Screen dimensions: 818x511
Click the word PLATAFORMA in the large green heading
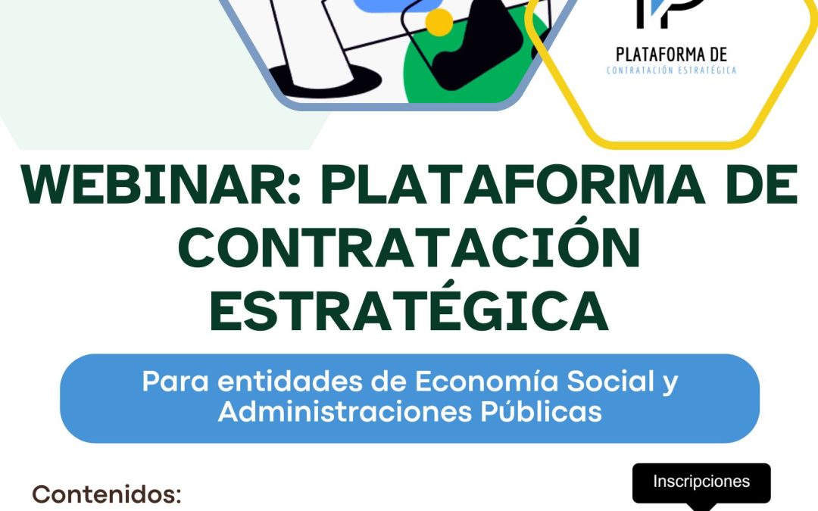tap(513, 185)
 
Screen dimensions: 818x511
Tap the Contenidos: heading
tap(107, 494)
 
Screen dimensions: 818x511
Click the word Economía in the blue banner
tap(486, 381)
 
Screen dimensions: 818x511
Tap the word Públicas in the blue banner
tap(541, 412)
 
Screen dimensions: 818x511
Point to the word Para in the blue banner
tap(175, 382)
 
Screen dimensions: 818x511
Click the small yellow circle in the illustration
tap(439, 23)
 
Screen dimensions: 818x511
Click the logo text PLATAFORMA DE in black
tap(671, 55)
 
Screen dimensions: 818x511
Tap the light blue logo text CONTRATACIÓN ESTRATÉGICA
tap(671, 70)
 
